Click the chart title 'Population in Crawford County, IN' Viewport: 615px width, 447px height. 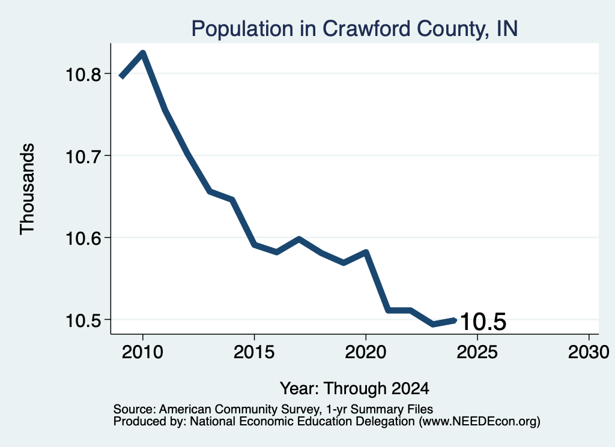tap(354, 29)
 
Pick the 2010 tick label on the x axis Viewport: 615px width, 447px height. tap(142, 352)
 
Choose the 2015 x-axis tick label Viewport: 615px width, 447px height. tap(254, 352)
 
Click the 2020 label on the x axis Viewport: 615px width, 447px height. tap(366, 352)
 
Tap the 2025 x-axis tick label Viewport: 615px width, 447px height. tap(477, 352)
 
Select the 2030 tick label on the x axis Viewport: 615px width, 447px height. tap(589, 352)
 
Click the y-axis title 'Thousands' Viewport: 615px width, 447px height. tap(28, 189)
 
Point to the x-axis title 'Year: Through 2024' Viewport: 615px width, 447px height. tap(354, 388)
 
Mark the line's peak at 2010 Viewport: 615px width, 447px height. tap(143, 53)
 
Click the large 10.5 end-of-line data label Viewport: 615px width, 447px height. tap(483, 322)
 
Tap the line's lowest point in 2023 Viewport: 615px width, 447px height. tap(432, 324)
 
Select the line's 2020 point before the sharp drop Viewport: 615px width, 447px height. tap(366, 252)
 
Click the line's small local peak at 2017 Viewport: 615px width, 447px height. tap(299, 239)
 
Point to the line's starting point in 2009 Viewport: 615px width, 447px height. tap(121, 76)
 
